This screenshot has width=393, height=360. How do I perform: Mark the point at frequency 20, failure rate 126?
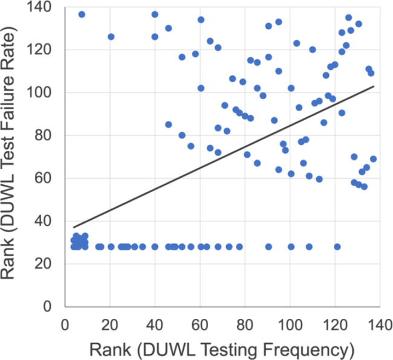coord(111,37)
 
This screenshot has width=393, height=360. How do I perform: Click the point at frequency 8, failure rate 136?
coord(82,14)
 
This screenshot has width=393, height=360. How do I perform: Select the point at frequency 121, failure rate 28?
coord(337,246)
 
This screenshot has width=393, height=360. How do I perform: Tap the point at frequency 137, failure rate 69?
coord(373,159)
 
